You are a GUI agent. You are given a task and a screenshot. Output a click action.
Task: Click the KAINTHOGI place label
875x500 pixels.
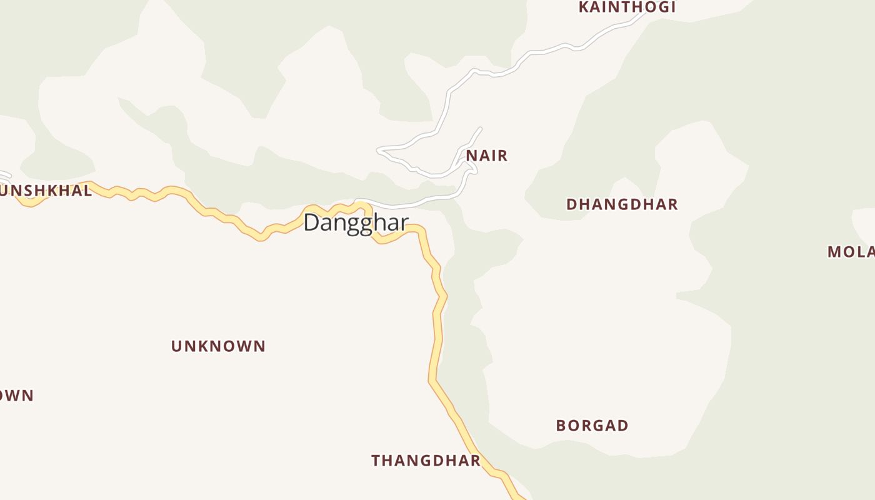[627, 7]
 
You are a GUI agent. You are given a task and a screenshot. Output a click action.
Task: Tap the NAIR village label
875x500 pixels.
[487, 156]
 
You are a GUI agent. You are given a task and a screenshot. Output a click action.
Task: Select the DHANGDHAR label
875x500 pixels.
[622, 204]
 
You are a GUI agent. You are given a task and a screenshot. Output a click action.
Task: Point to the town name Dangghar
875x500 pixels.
[356, 222]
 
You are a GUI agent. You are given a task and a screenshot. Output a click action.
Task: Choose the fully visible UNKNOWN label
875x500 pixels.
[218, 346]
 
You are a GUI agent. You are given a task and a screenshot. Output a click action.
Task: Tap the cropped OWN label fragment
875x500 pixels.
[16, 396]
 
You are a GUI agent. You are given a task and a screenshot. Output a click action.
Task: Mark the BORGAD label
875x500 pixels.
[592, 426]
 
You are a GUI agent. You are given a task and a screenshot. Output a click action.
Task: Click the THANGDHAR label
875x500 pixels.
[426, 461]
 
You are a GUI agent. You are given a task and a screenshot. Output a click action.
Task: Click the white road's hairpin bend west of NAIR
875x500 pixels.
[378, 150]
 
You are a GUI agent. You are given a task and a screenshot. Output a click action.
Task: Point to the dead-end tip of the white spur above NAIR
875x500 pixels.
[481, 128]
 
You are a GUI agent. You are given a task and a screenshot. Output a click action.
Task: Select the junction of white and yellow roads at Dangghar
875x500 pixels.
[357, 202]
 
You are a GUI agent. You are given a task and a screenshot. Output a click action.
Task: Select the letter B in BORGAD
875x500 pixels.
[561, 426]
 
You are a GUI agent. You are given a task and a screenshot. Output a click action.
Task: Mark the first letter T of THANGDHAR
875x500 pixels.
[376, 461]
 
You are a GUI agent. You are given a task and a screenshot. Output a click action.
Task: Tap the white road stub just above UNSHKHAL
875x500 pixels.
[5, 175]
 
